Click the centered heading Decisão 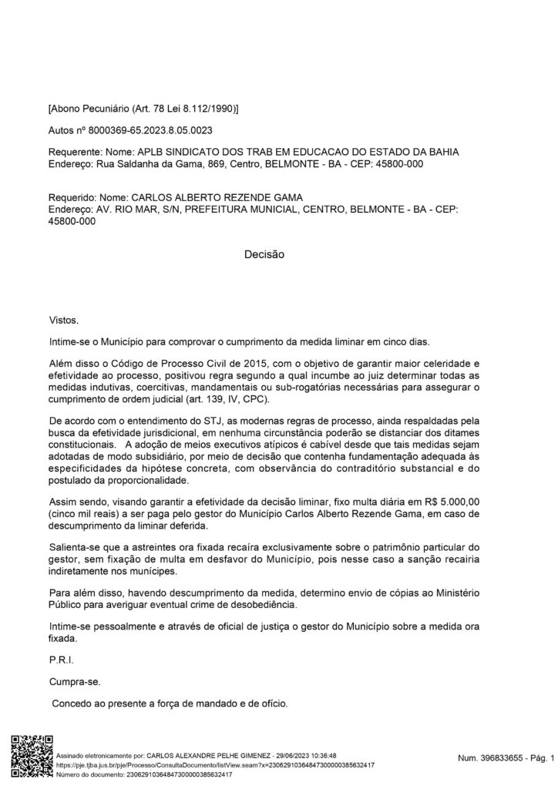point(264,253)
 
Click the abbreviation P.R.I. point(60,660)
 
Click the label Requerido point(73,198)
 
